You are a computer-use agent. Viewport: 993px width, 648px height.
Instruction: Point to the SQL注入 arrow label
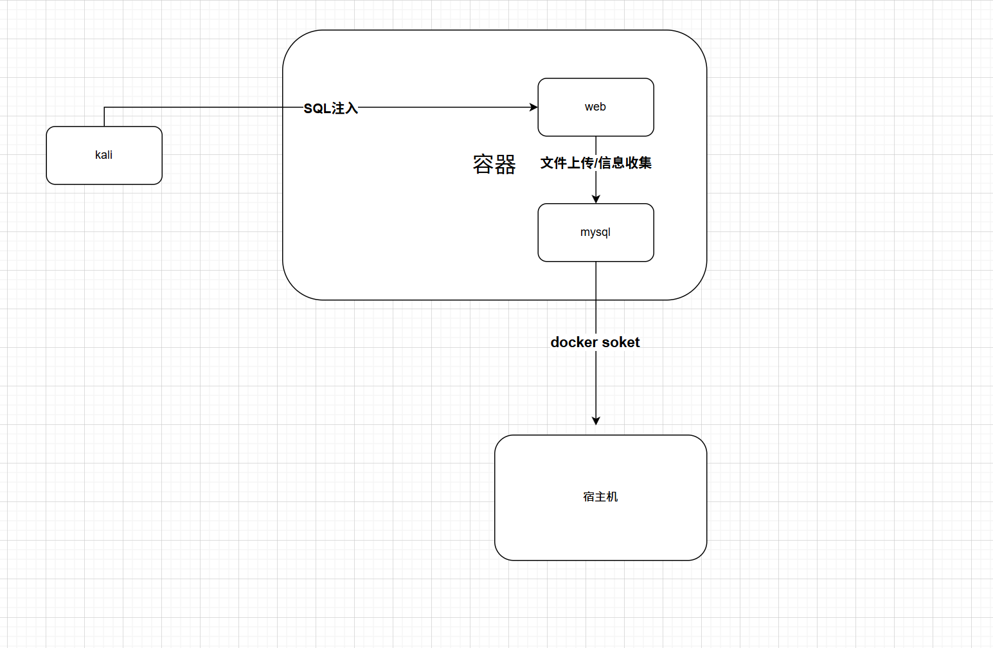click(330, 108)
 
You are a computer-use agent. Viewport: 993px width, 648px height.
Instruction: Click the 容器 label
click(494, 165)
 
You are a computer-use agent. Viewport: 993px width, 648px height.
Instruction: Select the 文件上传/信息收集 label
click(596, 163)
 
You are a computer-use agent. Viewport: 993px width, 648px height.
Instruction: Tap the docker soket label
click(595, 342)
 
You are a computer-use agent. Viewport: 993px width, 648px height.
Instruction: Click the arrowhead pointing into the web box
click(533, 107)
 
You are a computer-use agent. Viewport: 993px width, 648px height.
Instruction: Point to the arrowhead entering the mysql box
click(596, 199)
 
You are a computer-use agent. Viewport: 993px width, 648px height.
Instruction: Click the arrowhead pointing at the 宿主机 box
click(596, 420)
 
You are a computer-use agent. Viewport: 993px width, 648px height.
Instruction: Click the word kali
click(103, 155)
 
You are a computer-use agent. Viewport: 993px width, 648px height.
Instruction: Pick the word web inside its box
click(595, 107)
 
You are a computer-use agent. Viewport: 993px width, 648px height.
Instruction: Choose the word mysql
click(595, 232)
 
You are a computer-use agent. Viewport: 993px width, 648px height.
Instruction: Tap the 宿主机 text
click(600, 496)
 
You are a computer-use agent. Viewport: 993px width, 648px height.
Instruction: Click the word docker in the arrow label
click(575, 342)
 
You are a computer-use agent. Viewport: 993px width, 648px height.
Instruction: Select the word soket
click(621, 342)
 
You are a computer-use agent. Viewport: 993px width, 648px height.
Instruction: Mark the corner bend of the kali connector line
click(104, 107)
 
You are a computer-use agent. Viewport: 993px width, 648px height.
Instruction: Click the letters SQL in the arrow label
click(317, 109)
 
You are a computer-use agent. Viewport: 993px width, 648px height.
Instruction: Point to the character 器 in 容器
click(505, 165)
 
